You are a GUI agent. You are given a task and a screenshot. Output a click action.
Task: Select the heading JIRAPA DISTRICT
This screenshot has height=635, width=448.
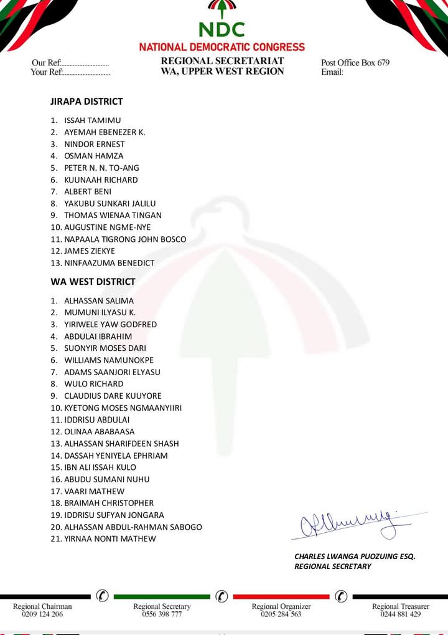[86, 102]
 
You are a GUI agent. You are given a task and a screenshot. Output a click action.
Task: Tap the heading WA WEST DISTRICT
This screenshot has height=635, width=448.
[93, 282]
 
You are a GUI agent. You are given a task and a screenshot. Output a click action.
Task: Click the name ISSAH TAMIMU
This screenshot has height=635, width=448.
[93, 120]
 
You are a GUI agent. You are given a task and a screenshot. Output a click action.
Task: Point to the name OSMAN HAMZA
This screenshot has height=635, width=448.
[94, 156]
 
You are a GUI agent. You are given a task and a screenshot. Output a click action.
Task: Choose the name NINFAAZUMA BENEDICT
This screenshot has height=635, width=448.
[109, 263]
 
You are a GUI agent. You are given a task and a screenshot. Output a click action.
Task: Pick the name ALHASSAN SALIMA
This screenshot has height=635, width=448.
[99, 301]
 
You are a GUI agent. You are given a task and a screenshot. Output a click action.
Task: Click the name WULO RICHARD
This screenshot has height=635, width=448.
[94, 384]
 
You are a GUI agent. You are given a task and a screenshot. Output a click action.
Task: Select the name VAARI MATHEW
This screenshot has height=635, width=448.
[94, 491]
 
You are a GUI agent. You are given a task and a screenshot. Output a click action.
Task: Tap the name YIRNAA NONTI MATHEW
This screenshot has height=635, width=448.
[110, 539]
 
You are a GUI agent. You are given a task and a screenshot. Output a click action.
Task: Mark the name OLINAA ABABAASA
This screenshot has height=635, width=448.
[100, 432]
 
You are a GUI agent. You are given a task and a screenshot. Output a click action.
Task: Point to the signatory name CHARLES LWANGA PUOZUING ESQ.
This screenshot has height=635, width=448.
[355, 556]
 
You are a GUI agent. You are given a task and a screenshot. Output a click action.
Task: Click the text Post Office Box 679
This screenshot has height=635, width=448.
[355, 63]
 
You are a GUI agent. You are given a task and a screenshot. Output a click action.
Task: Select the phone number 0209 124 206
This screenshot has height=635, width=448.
[42, 614]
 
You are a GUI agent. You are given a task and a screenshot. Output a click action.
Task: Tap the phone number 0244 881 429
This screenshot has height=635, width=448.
[401, 614]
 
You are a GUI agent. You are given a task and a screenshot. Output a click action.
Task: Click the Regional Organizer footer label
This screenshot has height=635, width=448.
[281, 606]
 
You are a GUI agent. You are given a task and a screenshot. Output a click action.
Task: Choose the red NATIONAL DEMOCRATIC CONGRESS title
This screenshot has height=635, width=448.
[222, 47]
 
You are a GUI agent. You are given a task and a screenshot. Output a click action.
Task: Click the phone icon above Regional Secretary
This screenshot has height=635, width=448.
[222, 596]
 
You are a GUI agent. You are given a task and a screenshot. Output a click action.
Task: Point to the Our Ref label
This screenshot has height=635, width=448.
[47, 63]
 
